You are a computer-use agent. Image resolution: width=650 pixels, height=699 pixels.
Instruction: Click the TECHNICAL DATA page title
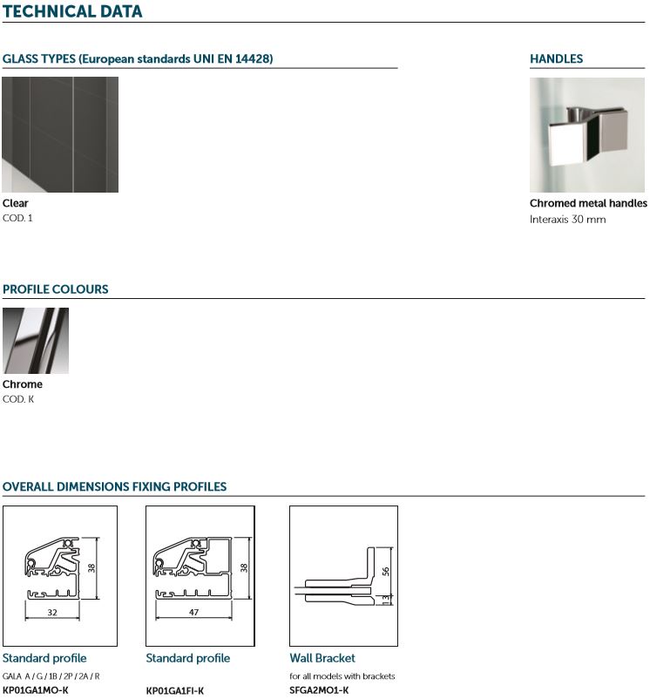[x=72, y=11]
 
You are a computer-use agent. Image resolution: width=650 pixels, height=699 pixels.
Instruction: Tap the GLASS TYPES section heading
[x=138, y=59]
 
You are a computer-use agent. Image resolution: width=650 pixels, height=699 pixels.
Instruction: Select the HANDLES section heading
[x=556, y=59]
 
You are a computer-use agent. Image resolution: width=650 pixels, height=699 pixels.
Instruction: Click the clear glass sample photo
[x=60, y=134]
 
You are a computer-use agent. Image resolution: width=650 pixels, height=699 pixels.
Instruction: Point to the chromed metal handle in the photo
[x=587, y=135]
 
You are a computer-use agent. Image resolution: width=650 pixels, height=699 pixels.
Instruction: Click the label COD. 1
[x=17, y=218]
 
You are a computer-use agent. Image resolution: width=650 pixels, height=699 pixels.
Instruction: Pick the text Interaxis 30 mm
[x=567, y=220]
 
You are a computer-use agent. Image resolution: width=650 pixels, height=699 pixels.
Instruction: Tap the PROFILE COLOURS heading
[x=55, y=289]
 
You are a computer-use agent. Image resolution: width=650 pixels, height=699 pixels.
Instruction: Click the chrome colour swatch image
[x=36, y=341]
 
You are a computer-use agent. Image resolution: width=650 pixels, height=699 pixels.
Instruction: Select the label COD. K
[x=18, y=399]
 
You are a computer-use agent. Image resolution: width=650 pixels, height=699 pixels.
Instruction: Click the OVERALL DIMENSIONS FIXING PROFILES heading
[x=114, y=486]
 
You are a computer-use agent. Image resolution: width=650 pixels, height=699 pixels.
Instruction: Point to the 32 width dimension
[x=52, y=613]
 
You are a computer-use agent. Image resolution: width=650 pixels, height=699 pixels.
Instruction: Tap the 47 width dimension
[x=193, y=613]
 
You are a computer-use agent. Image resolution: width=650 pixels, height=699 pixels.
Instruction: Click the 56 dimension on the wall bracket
[x=386, y=571]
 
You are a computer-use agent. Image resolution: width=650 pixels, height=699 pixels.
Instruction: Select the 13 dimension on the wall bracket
[x=386, y=599]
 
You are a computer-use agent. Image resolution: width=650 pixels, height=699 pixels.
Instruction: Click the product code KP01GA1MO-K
[x=36, y=690]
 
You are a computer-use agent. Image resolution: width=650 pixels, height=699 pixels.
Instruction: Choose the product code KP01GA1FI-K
[x=174, y=690]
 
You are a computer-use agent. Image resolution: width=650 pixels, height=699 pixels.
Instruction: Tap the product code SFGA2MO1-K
[x=319, y=690]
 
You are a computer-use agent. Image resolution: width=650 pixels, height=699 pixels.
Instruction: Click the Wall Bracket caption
[x=322, y=658]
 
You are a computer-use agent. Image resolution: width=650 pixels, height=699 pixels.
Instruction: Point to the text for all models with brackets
[x=342, y=676]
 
